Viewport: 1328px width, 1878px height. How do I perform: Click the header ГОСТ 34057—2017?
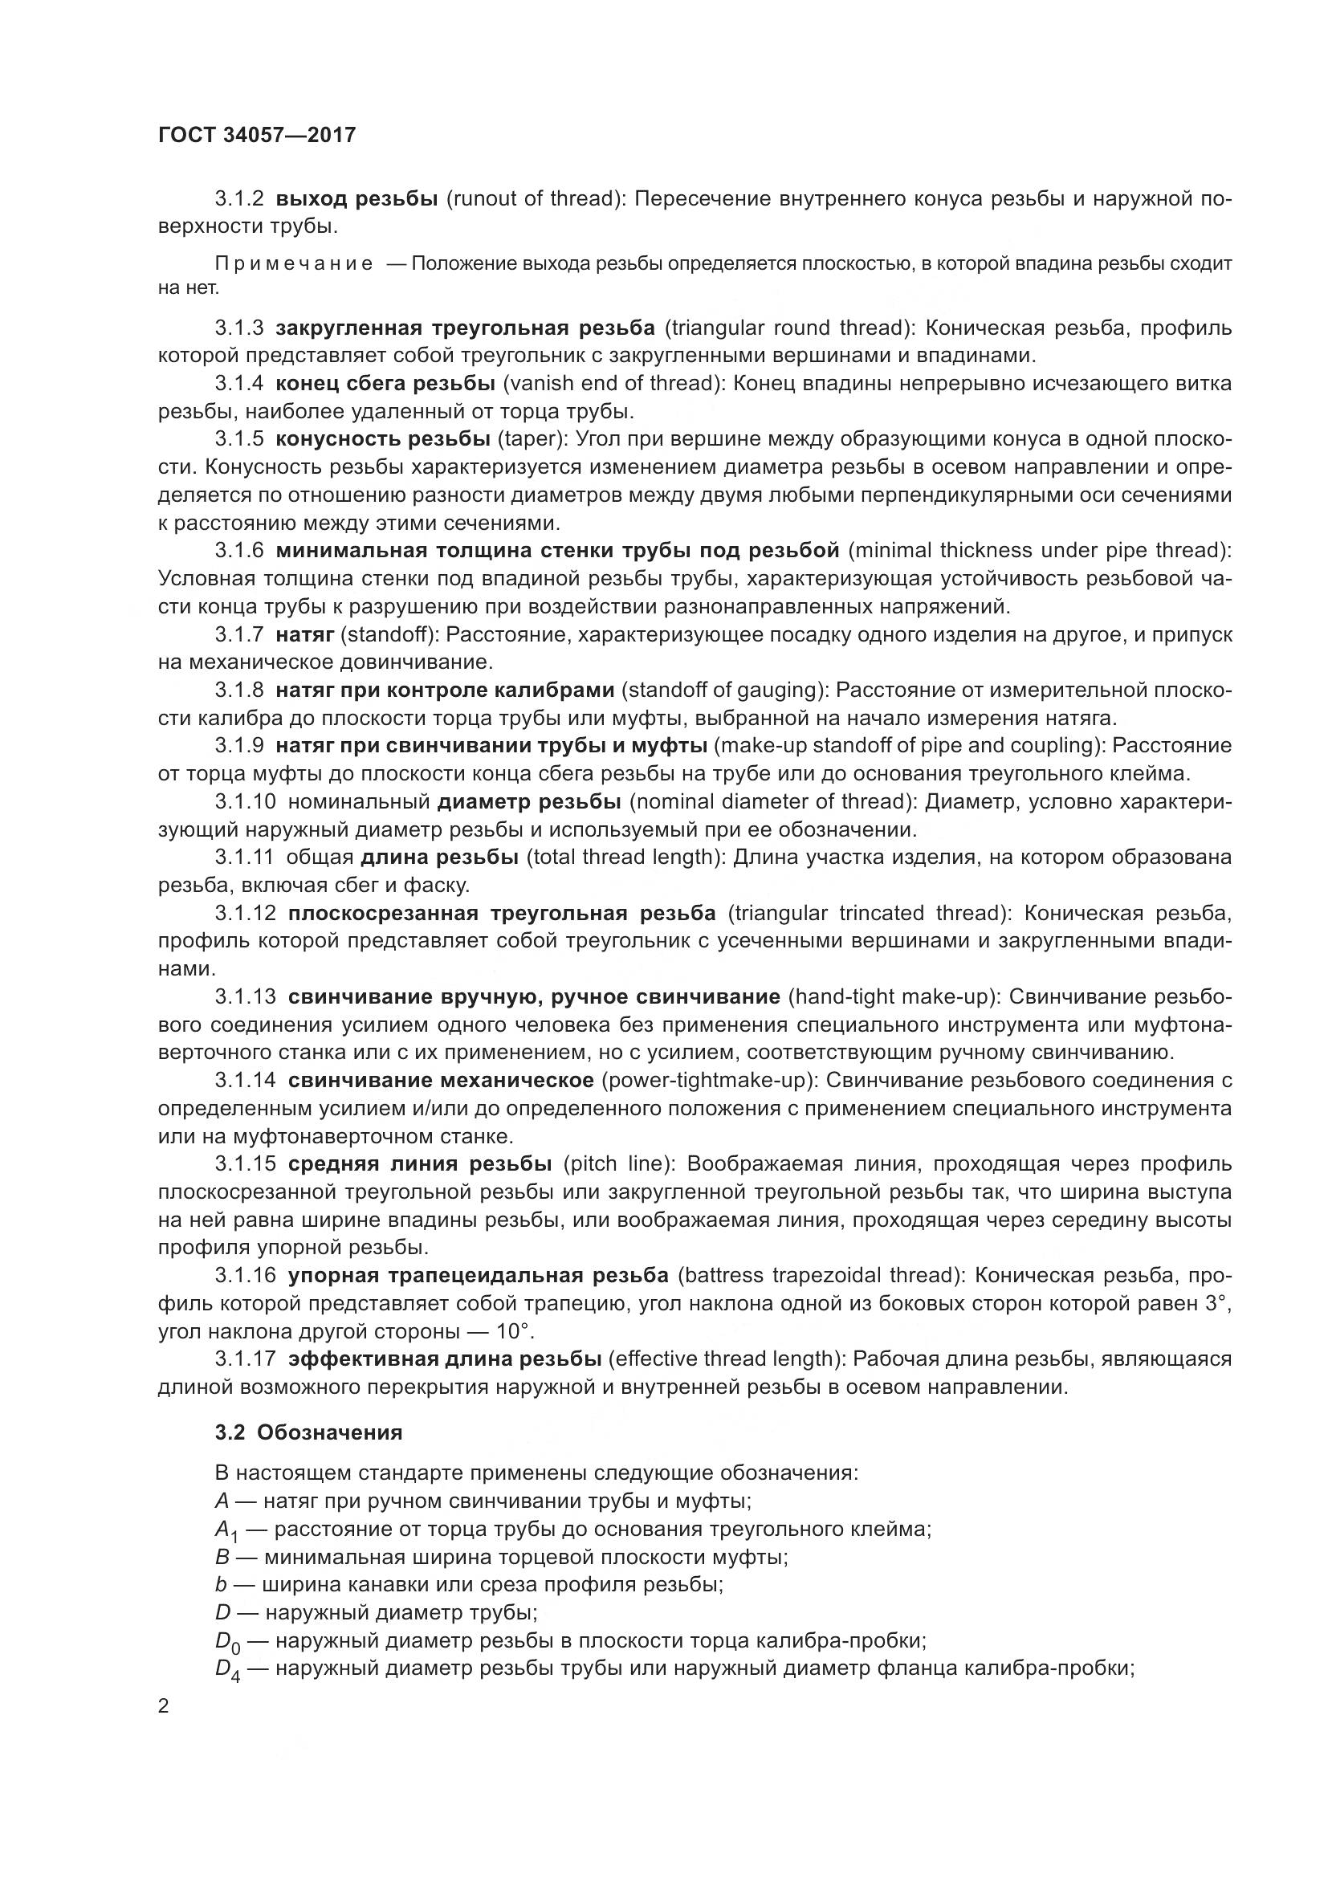point(257,135)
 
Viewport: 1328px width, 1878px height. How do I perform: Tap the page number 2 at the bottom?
point(164,1706)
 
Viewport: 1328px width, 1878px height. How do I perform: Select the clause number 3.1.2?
point(238,199)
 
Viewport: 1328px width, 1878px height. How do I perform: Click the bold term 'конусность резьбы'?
point(383,439)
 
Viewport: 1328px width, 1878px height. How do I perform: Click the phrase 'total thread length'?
point(623,858)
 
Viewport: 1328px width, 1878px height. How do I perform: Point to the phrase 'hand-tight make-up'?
point(894,997)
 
